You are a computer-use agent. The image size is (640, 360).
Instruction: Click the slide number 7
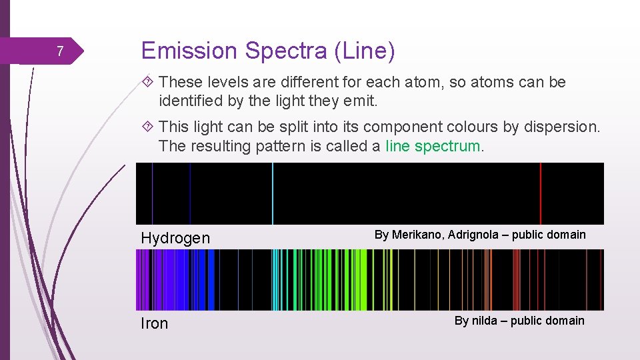59,51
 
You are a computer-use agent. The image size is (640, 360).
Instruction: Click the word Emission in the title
189,51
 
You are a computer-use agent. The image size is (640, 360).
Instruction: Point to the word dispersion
565,127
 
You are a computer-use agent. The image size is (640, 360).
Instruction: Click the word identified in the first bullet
190,101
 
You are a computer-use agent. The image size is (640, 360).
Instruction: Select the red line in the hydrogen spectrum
540,193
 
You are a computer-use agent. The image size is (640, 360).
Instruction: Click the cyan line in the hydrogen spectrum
272,193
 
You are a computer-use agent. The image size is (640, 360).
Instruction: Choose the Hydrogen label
175,238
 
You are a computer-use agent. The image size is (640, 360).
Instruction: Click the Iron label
155,323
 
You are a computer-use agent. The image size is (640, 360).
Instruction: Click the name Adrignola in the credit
475,235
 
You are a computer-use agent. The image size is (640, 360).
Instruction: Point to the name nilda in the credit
485,321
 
